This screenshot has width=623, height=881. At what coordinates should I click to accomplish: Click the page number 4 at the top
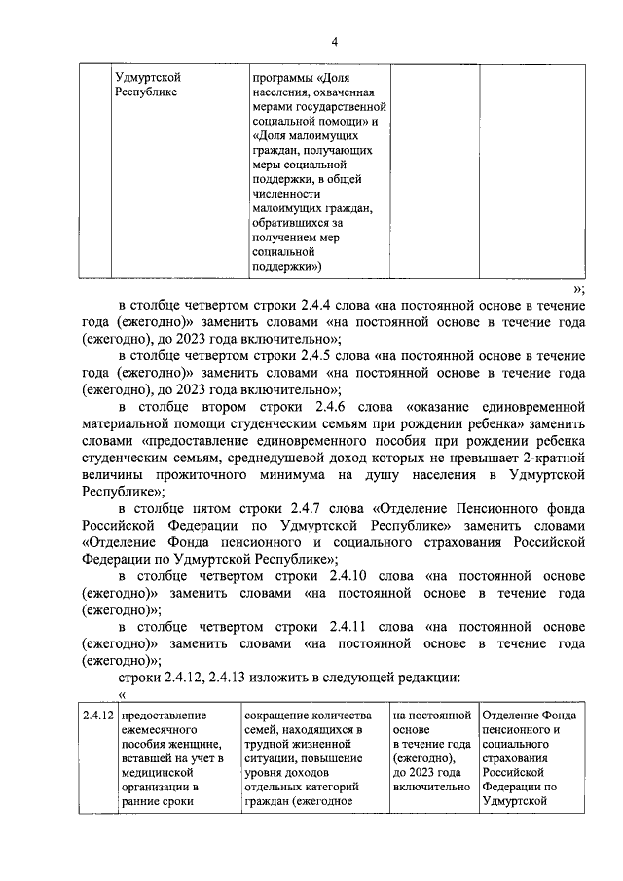(334, 41)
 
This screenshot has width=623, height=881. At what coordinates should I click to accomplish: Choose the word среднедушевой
(320, 458)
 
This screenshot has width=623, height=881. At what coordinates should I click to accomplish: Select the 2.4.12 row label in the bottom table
(98, 716)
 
